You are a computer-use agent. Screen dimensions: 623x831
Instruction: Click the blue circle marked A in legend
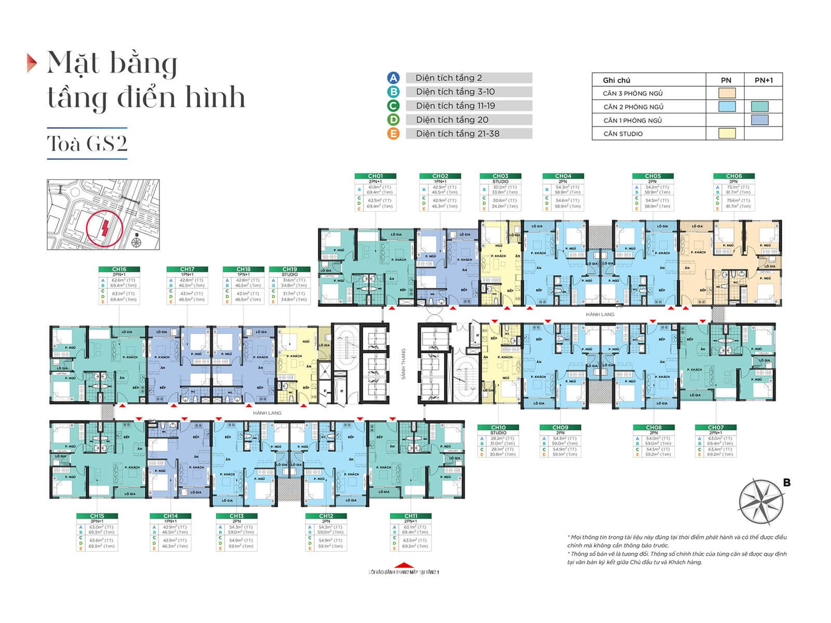(393, 78)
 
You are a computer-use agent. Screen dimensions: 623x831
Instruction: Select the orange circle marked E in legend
(393, 133)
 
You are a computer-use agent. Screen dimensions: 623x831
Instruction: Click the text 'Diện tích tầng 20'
(452, 119)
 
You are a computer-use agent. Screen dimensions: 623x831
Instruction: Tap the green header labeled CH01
(375, 176)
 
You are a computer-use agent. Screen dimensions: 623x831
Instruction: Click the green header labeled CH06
(733, 176)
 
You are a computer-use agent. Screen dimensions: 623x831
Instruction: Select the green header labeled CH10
(498, 427)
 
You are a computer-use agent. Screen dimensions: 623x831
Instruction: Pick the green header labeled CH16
(119, 269)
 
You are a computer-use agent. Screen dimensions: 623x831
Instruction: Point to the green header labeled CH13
(236, 516)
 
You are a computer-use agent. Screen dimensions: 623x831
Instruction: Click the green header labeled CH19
(290, 269)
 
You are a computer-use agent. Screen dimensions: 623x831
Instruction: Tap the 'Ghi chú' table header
(616, 80)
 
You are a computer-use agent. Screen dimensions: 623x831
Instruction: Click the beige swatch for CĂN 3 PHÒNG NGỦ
(727, 93)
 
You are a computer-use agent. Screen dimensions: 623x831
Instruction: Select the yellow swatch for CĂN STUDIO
(727, 133)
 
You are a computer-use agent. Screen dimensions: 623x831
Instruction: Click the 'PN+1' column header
(763, 80)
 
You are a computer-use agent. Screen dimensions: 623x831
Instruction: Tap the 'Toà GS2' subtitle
(87, 143)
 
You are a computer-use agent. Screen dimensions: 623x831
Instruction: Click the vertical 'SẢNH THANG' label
(403, 363)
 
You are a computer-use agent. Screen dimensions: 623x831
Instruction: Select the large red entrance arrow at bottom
(404, 565)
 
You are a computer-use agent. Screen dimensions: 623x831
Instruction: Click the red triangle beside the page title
(32, 63)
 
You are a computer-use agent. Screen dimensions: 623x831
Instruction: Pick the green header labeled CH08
(653, 427)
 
